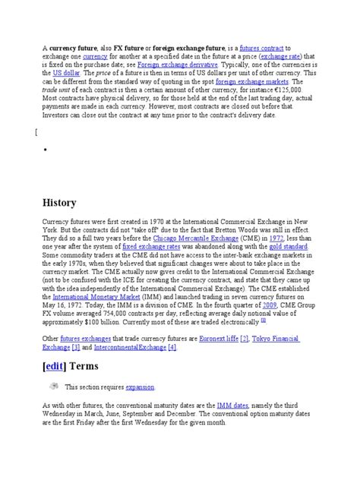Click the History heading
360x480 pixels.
point(60,203)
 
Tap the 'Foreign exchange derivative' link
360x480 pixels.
point(176,65)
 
